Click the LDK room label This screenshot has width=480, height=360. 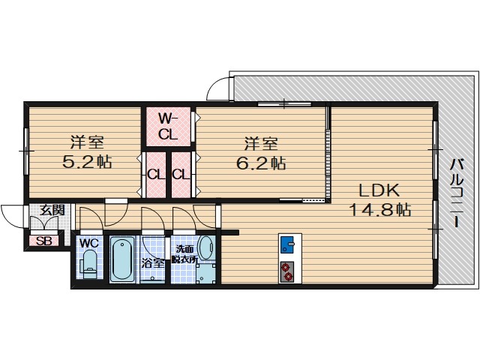point(378,190)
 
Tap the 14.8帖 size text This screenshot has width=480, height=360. point(379,210)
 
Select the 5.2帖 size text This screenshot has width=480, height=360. point(86,161)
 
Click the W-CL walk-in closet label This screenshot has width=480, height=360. point(168,126)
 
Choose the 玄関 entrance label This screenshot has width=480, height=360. point(51,211)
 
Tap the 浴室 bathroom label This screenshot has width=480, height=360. point(153,263)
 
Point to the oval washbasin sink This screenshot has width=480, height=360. point(207,247)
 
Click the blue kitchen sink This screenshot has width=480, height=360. point(289,244)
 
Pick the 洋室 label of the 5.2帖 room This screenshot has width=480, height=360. point(87,141)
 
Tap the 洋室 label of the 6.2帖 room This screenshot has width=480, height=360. point(260,141)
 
